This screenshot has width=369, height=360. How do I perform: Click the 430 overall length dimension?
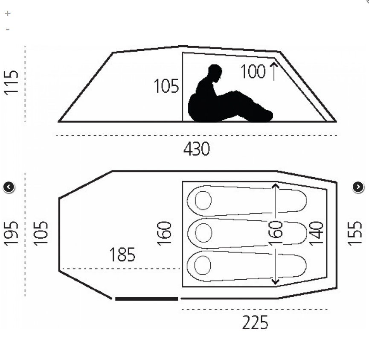[x=197, y=149]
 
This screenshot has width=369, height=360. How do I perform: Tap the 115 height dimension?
[x=12, y=82]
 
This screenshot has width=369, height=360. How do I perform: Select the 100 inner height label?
[x=253, y=72]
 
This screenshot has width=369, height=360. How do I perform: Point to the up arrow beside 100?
[x=273, y=71]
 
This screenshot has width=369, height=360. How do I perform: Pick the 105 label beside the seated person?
[x=166, y=86]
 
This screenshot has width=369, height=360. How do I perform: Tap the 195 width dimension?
[x=12, y=233]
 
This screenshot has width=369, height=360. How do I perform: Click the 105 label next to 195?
[x=41, y=233]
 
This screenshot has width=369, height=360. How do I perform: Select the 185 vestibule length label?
[x=122, y=255]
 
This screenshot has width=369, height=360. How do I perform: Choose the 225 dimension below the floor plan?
[x=256, y=323]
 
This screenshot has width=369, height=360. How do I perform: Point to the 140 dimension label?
[x=316, y=233]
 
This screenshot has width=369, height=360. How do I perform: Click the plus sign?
[x=7, y=13]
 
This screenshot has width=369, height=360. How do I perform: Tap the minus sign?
[x=7, y=29]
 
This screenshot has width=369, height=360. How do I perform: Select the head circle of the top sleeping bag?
[x=203, y=200]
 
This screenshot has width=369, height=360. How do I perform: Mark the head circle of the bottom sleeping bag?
[x=203, y=266]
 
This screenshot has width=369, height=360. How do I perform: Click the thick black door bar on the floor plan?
[x=146, y=299]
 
